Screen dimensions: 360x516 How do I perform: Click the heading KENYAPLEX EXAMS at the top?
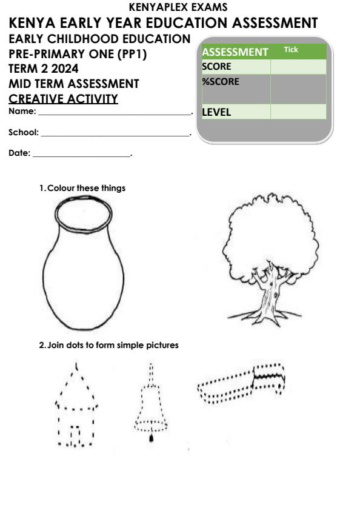click(x=179, y=7)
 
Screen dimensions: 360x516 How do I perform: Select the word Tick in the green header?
click(x=291, y=50)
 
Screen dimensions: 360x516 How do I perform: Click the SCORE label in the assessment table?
click(x=217, y=67)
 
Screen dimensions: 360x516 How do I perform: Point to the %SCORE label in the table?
click(x=220, y=81)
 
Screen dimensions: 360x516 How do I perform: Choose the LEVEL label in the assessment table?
click(x=218, y=112)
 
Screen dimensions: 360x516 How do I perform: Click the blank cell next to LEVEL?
click(x=298, y=112)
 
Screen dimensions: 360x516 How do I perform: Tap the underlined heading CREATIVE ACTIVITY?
click(x=63, y=99)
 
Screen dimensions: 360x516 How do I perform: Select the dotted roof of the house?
click(x=76, y=388)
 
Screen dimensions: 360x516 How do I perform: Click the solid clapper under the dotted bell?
click(x=152, y=438)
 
